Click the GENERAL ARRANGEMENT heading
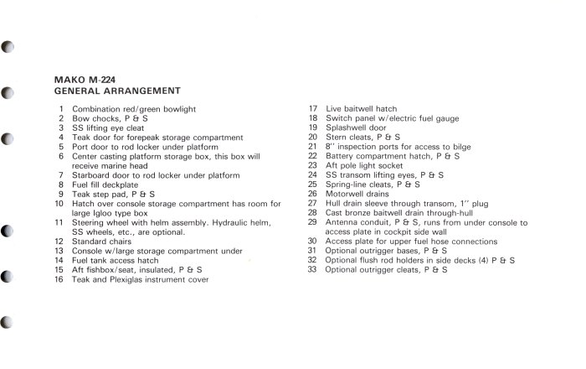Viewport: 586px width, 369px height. (117, 91)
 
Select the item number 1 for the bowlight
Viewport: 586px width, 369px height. (61, 109)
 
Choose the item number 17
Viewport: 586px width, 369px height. (311, 109)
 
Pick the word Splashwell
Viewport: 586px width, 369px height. (349, 127)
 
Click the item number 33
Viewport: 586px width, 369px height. (311, 270)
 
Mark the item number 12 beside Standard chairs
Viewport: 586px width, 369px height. (59, 242)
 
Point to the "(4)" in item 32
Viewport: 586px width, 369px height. (472, 261)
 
